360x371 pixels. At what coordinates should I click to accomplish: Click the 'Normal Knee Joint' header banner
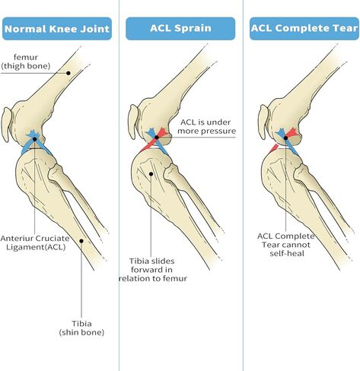point(57,29)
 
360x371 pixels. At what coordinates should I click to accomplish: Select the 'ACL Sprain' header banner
point(180,29)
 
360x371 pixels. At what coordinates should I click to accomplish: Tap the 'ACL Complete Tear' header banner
point(304,29)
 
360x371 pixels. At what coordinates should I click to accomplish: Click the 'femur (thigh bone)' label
point(26,62)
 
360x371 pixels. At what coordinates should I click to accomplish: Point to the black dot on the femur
point(68,73)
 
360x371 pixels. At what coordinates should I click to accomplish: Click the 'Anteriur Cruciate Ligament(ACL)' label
point(35,243)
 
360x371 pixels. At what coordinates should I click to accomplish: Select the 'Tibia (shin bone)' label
point(81,328)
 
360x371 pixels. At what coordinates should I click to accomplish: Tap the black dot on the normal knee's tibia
point(81,241)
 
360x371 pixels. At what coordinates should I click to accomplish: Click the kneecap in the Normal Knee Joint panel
point(6,124)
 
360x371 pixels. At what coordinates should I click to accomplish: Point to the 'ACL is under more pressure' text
point(206,126)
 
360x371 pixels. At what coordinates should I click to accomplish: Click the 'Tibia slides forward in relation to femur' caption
point(153,270)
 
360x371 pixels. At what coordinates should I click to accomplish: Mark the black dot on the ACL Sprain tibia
point(151,174)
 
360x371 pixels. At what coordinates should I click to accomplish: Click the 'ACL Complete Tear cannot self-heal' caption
point(286,245)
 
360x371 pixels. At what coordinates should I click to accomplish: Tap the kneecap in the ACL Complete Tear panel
point(263,122)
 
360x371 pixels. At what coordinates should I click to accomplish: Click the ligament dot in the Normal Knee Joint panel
point(34,139)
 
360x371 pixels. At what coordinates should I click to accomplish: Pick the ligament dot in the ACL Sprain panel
point(157,138)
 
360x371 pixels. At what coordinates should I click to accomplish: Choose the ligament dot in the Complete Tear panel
point(285,138)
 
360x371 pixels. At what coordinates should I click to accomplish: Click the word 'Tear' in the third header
point(347,28)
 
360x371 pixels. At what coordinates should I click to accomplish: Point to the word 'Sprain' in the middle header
point(195,28)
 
